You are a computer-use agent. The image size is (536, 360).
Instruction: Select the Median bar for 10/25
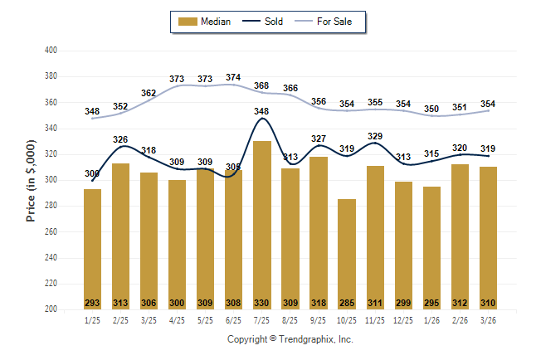pos(346,253)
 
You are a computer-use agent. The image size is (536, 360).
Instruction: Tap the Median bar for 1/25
pos(92,249)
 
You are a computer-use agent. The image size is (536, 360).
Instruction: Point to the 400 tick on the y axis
pos(50,51)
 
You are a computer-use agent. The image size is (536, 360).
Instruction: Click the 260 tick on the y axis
pos(50,231)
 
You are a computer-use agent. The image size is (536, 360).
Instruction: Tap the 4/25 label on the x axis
pos(177,320)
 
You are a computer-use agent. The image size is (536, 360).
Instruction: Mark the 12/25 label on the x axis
pos(402,320)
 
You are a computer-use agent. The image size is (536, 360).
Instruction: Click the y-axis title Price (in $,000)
pos(31,180)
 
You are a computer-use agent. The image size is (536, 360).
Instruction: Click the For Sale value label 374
pos(233,78)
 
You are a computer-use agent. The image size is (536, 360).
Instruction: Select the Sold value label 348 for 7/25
pos(261,111)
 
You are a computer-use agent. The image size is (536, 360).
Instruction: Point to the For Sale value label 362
pos(149,93)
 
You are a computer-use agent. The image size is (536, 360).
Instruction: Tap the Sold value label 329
pos(374,136)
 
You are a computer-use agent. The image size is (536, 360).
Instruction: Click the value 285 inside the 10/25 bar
pos(346,302)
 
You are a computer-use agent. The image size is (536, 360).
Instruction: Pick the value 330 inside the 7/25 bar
pos(261,302)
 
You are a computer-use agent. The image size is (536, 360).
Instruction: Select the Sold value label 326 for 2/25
pos(120,139)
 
